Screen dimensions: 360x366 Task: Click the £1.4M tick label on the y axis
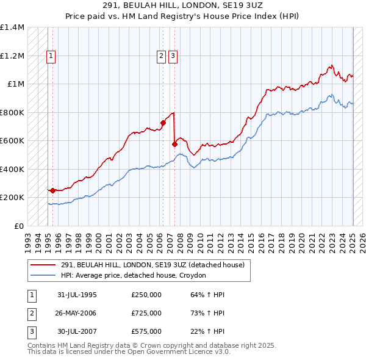[12, 27]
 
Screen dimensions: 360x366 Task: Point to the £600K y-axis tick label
[12, 141]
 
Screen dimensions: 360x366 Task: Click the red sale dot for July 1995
[52, 190]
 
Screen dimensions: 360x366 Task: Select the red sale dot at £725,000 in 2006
[163, 123]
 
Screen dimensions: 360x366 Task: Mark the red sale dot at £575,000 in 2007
[174, 145]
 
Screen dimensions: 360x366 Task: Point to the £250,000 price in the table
[146, 295]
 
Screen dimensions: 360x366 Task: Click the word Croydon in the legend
[196, 275]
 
